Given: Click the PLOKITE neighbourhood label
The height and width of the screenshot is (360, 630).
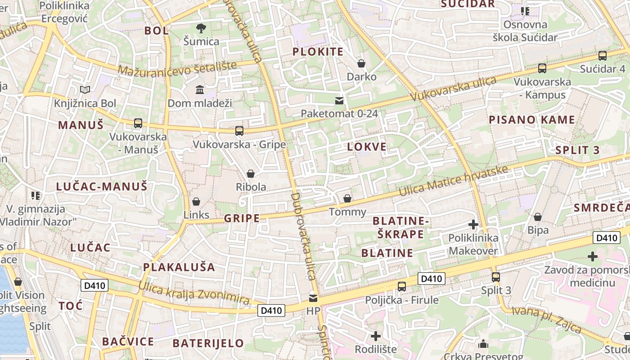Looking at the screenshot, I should [x=318, y=52].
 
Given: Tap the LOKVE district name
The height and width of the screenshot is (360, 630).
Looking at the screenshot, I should [x=367, y=147].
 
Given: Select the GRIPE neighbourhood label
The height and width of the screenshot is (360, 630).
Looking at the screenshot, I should [x=242, y=219].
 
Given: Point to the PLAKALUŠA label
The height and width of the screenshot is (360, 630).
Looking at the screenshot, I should [x=179, y=267].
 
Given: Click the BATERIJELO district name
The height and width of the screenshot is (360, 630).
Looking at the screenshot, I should [x=208, y=343].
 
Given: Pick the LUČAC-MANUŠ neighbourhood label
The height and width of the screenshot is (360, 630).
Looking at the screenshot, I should [x=102, y=186].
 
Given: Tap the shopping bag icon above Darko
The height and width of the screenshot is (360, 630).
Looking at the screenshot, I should [x=361, y=63].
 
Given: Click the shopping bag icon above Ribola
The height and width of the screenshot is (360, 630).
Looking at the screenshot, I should [x=251, y=174].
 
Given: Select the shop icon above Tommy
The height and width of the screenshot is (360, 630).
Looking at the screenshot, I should [x=347, y=198].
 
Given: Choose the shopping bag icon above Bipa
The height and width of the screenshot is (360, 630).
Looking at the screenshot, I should [x=537, y=217].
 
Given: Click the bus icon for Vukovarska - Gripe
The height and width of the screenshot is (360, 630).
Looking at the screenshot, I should [x=239, y=131].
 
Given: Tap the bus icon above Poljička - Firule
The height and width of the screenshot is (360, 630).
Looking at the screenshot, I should [x=402, y=286].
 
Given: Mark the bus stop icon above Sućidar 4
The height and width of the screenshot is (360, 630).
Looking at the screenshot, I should [x=602, y=56].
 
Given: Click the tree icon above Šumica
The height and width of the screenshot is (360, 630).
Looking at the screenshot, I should [x=201, y=28].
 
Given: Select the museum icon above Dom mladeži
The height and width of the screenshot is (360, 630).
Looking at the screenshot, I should [x=200, y=90].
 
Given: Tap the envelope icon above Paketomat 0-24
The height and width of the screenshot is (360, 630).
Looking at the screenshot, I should [x=339, y=100].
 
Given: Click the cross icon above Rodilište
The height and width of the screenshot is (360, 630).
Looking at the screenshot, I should [x=375, y=336].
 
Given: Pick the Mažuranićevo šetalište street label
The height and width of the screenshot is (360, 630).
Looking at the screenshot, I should [x=177, y=68].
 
